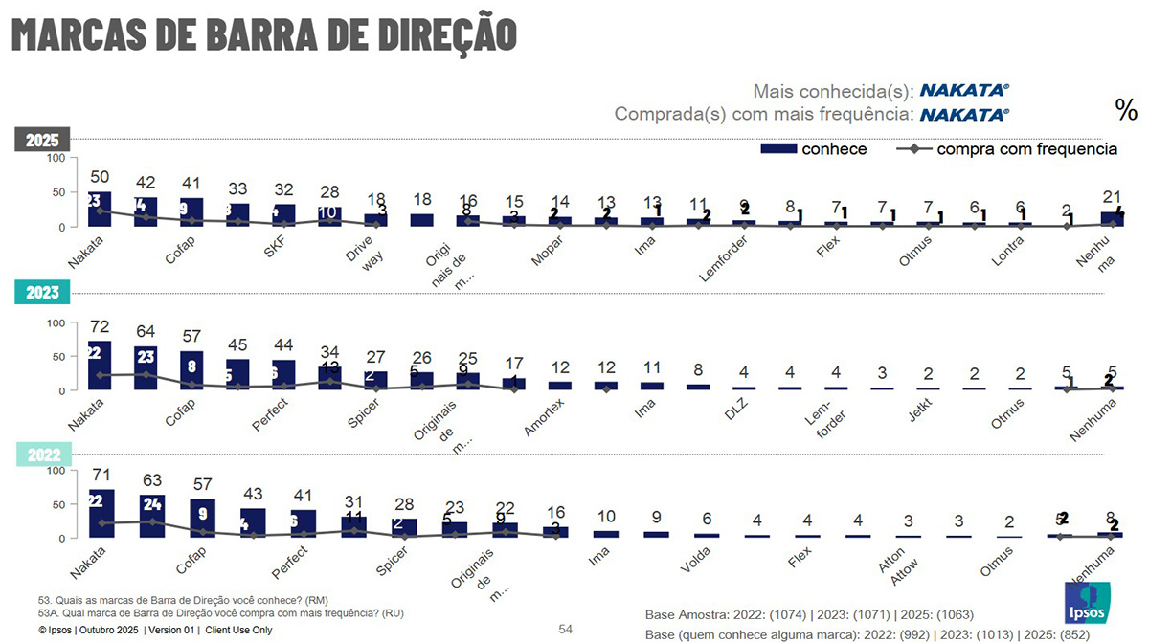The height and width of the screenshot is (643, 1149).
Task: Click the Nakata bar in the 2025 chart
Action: click(99, 210)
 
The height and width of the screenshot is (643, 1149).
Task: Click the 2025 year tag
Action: click(42, 140)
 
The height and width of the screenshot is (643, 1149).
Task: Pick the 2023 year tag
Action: click(42, 294)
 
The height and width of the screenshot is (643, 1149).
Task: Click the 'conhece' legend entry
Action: click(814, 149)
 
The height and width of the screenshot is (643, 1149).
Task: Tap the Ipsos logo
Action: click(1088, 604)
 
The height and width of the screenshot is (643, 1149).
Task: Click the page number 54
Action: click(565, 629)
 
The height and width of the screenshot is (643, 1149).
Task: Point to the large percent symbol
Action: click(1126, 109)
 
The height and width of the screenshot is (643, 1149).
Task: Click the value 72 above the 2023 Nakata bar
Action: click(101, 328)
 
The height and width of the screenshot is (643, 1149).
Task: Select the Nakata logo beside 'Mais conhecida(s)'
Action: click(964, 91)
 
